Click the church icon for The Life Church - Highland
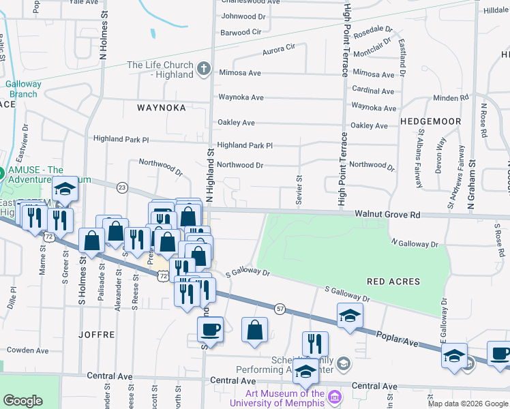(x=203, y=68)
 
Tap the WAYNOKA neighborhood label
(x=162, y=108)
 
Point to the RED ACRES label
(x=393, y=281)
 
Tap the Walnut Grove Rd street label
(x=387, y=215)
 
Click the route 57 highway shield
(x=280, y=309)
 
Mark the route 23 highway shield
(x=122, y=187)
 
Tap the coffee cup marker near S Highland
(x=210, y=329)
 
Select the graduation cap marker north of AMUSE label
(x=65, y=190)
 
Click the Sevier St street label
(x=299, y=187)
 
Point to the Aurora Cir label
(x=278, y=50)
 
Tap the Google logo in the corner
(x=23, y=401)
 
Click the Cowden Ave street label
(x=28, y=350)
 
